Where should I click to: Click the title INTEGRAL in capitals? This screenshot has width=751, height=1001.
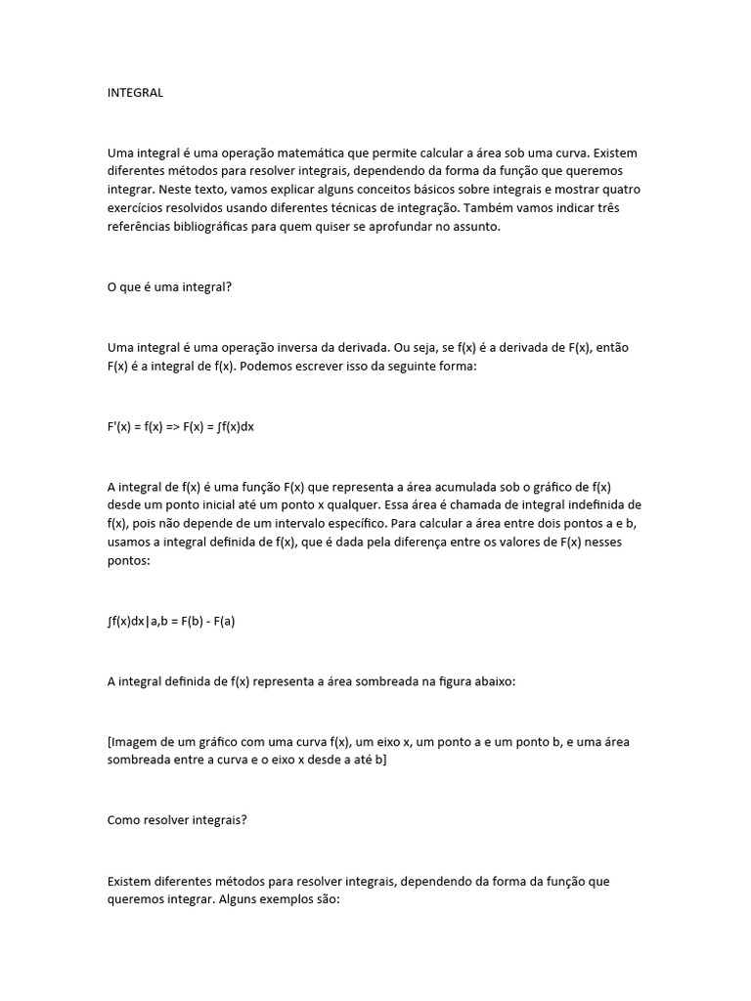click(135, 93)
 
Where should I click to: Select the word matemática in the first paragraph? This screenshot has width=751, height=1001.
click(320, 153)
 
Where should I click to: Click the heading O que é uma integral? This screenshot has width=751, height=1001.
click(169, 290)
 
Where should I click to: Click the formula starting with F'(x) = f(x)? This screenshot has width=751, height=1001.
click(181, 427)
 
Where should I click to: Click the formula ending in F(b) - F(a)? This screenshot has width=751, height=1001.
click(171, 620)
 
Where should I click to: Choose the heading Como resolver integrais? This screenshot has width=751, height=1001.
click(177, 821)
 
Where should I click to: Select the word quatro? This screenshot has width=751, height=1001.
click(621, 190)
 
